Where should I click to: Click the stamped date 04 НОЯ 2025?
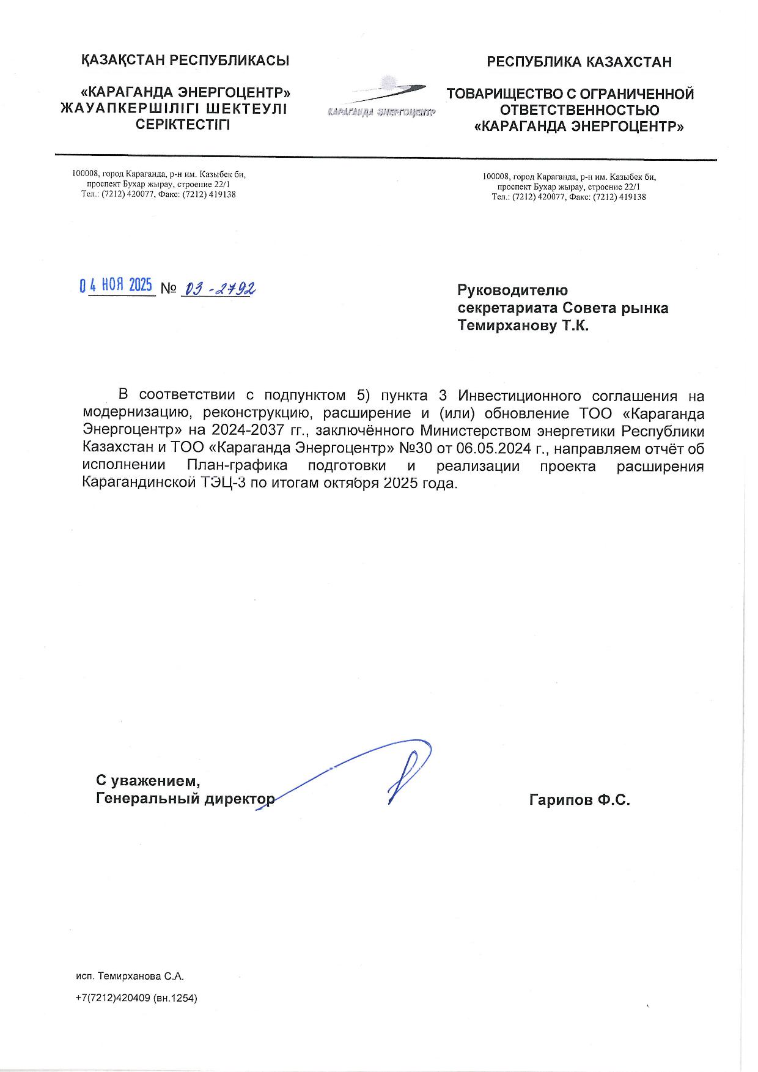click(116, 286)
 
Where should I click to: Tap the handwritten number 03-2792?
click(219, 287)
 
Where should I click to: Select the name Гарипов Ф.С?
click(579, 799)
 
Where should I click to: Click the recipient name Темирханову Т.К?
click(523, 326)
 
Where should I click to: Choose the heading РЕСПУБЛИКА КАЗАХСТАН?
click(579, 62)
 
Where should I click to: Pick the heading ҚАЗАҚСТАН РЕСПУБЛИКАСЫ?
click(185, 61)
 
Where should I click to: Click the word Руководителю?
click(512, 290)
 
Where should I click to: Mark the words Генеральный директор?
click(185, 799)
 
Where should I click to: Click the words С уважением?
click(148, 781)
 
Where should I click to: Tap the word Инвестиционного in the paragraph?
click(518, 395)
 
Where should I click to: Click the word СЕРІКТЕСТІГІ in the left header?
click(183, 125)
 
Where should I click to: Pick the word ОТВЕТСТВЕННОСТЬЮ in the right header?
click(579, 111)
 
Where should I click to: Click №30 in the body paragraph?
click(416, 448)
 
